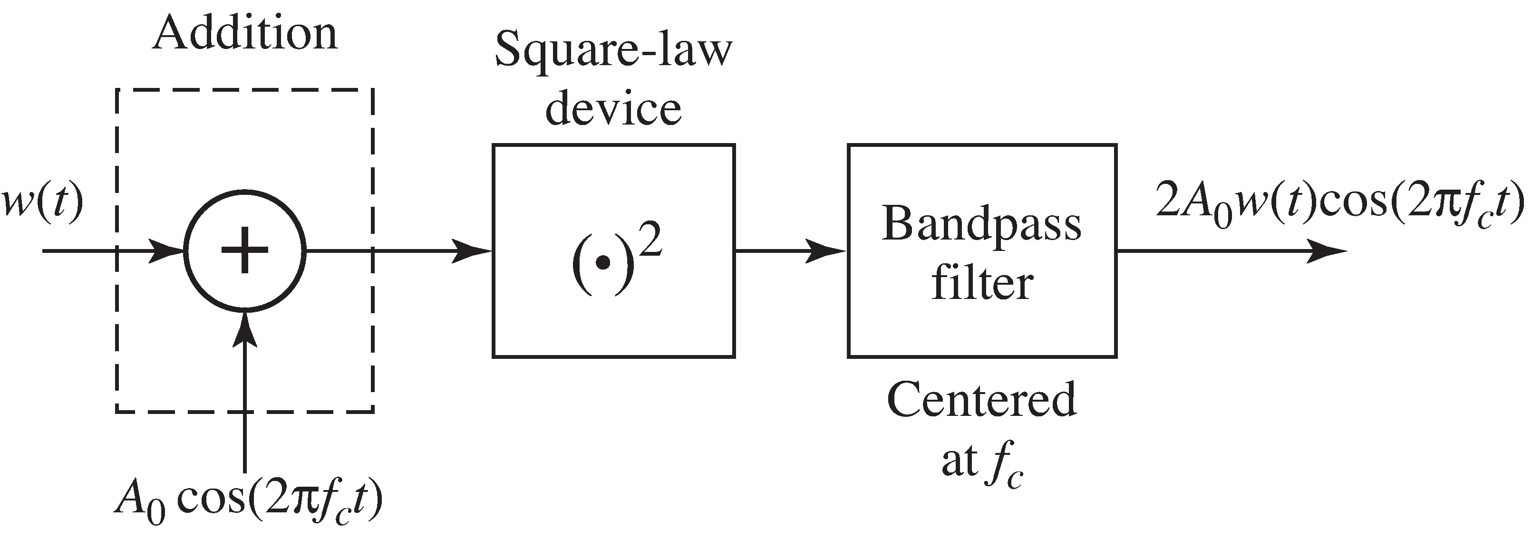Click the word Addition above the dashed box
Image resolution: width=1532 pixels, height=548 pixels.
tap(244, 34)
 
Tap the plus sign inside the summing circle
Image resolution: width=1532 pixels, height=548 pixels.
tap(244, 250)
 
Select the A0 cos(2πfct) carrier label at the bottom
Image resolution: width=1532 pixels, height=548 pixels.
tap(249, 500)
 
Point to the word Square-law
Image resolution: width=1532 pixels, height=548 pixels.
tap(613, 50)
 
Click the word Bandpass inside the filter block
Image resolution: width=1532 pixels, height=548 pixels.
tap(981, 225)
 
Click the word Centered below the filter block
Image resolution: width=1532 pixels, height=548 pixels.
tap(981, 400)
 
